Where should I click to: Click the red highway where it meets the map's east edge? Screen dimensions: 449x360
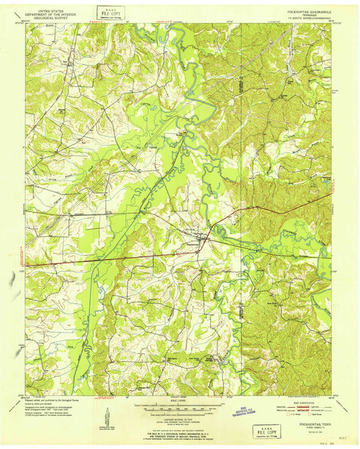[x=332, y=194]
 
